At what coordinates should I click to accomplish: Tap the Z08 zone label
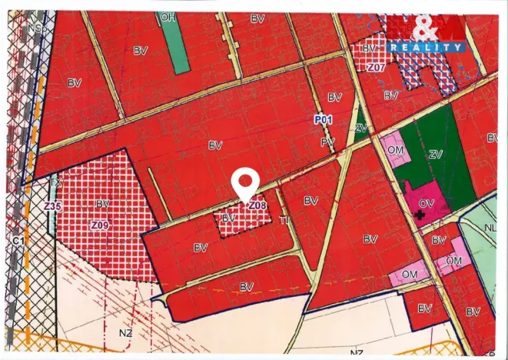[x=257, y=205]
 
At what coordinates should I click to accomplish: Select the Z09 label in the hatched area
[x=99, y=225]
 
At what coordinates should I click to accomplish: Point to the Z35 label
[x=52, y=206]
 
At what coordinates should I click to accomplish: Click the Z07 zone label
[x=375, y=68]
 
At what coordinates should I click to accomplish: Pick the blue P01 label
[x=323, y=120]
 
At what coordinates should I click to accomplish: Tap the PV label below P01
[x=327, y=142]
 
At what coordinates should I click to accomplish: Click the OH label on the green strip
[x=168, y=16]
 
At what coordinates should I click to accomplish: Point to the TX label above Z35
[x=55, y=184]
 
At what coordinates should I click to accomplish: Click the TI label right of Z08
[x=284, y=219]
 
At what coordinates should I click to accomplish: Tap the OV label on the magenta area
[x=427, y=203]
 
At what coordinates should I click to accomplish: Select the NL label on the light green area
[x=491, y=228]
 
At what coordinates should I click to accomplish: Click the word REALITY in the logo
[x=427, y=47]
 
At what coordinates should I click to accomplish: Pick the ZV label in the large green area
[x=436, y=155]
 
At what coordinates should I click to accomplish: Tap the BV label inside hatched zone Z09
[x=103, y=204]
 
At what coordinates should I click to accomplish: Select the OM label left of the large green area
[x=395, y=152]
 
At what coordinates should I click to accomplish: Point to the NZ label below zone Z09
[x=125, y=333]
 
